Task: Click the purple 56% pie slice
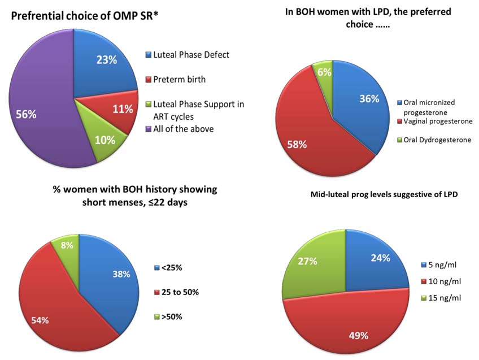coord(34,113)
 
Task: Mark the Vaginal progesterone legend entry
coord(437,122)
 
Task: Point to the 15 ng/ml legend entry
coord(444,297)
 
